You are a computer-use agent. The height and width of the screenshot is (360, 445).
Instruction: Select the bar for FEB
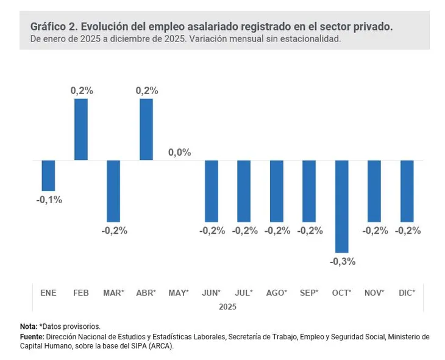coord(80,129)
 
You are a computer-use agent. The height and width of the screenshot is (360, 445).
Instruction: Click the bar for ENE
coord(48,175)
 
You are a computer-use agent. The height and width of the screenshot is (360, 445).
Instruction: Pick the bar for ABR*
coord(146,129)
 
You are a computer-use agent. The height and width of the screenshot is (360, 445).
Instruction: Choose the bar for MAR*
coord(113,191)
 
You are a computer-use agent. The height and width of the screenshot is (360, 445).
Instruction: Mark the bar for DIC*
coord(407,191)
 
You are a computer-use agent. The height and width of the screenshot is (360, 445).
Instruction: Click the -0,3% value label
coord(343,261)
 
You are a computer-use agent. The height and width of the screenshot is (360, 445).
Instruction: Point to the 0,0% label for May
coord(179,153)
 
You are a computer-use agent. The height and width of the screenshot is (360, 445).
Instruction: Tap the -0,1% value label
coord(48,200)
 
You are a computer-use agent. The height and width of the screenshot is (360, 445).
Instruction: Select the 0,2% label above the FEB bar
coord(81,90)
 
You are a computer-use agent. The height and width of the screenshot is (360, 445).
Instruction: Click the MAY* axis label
coord(179,293)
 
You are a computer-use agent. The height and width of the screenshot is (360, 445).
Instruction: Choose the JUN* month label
coord(211,293)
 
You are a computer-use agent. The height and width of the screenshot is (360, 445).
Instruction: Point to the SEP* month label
coord(310,293)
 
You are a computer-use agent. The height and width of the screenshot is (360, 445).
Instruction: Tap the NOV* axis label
coord(374,293)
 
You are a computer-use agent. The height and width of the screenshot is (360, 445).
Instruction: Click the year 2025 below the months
coord(228,307)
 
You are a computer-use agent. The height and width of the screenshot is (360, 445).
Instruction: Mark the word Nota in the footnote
coord(28,326)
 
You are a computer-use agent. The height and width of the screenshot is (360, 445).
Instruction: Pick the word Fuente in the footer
coord(32,336)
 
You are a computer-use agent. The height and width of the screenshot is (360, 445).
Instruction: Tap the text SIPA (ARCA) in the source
coord(149,346)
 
